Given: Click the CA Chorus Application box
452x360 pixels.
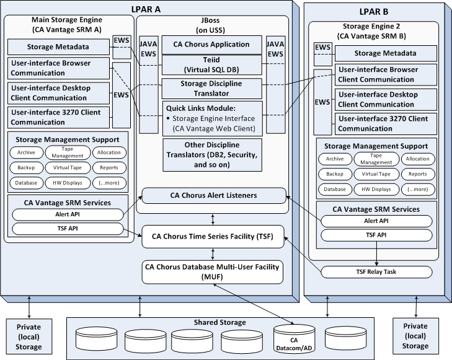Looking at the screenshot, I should (x=214, y=45).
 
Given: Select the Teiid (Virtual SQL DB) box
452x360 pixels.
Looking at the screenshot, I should (x=214, y=65).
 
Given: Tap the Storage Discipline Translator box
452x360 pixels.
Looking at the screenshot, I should (x=214, y=88).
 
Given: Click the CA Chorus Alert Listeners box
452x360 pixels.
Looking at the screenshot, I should (x=214, y=196).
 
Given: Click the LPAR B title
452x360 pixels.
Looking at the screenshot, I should (x=374, y=11).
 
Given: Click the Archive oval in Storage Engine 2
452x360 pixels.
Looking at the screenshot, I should (x=335, y=159).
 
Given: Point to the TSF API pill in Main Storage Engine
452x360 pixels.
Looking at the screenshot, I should (x=68, y=229).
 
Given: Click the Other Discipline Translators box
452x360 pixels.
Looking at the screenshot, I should (x=214, y=155).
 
